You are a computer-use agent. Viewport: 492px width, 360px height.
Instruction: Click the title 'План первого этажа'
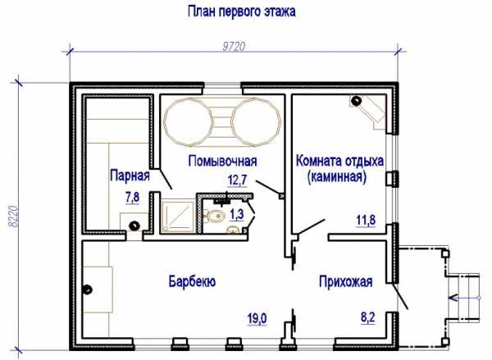coord(242,12)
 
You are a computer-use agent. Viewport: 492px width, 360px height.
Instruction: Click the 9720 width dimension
coord(234,47)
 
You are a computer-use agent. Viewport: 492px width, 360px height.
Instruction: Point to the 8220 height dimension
coord(13,216)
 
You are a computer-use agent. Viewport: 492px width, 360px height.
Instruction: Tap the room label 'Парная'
coord(130,175)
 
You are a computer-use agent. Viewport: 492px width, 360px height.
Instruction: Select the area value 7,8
coord(132,198)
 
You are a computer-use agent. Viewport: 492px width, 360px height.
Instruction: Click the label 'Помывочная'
coord(222,161)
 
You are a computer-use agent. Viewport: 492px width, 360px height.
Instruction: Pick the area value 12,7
coord(238,180)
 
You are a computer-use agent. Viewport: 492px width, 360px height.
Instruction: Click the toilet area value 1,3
coord(237,215)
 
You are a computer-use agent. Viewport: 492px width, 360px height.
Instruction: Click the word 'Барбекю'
coord(192,281)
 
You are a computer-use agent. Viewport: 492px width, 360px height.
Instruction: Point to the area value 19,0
coord(257,319)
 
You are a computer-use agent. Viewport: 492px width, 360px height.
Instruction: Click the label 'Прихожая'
coord(346,281)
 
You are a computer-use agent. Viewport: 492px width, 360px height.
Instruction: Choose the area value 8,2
coord(367,317)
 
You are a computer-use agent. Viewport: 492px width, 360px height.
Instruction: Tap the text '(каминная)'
coord(337,176)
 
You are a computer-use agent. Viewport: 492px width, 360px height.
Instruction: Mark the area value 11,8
coord(366,220)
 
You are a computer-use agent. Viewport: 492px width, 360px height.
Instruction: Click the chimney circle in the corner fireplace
coord(356,100)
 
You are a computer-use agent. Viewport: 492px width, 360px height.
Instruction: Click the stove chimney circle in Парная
coord(134,226)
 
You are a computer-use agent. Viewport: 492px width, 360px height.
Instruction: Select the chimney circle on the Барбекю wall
coord(87,289)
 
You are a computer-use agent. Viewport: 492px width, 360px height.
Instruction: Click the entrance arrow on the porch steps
coord(464,298)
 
